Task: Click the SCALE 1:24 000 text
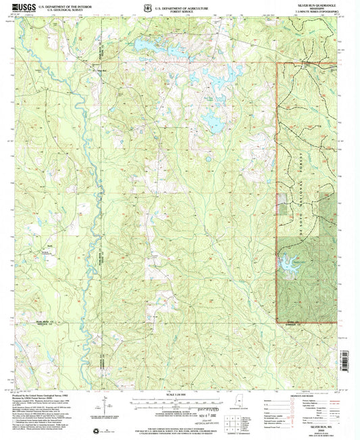178,393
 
